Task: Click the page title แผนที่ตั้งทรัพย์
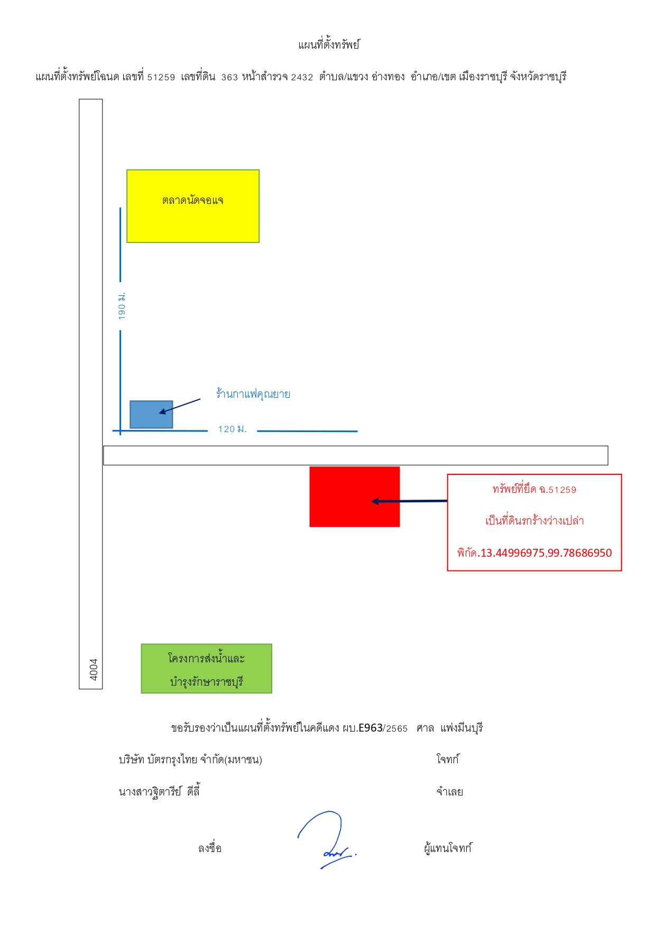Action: coord(328,45)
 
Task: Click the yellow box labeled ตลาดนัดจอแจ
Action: coord(193,206)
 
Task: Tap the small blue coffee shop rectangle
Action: coord(151,414)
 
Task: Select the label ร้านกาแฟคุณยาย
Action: coord(253,394)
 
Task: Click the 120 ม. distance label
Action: coord(233,429)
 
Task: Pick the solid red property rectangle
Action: coord(355,497)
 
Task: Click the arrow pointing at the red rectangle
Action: coord(409,501)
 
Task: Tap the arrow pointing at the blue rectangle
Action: coord(180,406)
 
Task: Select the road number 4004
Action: coord(94,669)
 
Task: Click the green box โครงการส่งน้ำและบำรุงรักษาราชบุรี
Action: coord(207,668)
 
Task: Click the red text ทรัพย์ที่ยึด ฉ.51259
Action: coord(534,489)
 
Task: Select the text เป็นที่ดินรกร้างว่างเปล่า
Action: coord(534,521)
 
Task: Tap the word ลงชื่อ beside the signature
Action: coord(210,848)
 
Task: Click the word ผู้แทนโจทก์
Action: coord(448,848)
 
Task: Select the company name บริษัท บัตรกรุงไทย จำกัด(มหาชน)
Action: coord(190,760)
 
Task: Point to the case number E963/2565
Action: coord(383,728)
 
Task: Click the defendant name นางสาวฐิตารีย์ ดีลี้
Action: coord(159,791)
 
